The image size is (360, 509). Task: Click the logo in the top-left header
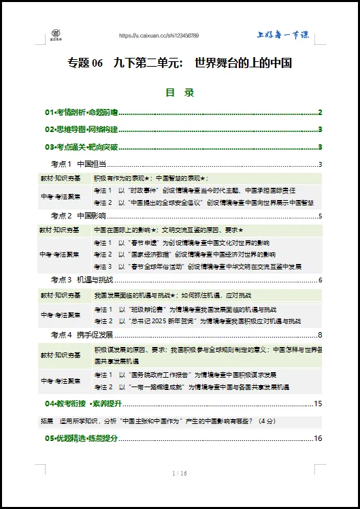point(56,34)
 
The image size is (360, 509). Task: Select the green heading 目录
point(180,93)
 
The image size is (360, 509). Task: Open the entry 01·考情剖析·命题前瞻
point(82,112)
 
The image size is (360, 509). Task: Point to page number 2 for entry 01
point(319,112)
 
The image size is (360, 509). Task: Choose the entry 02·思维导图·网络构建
point(82,129)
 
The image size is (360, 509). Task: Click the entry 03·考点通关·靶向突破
point(82,146)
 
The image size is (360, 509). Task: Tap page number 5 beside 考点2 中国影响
point(319,216)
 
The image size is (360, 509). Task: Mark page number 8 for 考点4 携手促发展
point(319,334)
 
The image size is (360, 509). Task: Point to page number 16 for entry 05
point(317,438)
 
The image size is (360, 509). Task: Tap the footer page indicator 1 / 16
point(180,473)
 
